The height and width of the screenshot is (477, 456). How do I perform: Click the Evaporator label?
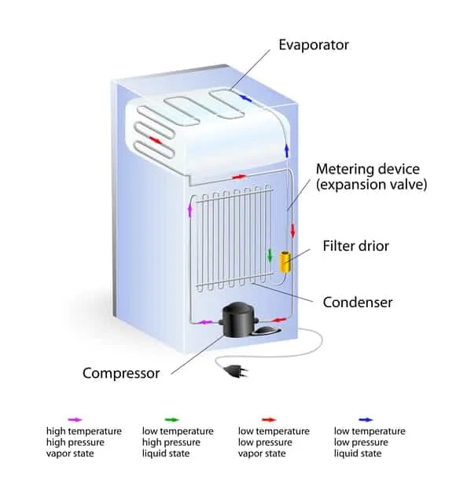(314, 45)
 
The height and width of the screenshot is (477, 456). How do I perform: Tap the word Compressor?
(121, 373)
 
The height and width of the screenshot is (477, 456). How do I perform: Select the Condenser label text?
(358, 303)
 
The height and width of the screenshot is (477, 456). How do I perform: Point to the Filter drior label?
(356, 246)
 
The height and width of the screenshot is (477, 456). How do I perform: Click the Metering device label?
(371, 177)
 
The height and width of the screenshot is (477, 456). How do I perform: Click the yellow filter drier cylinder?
(285, 262)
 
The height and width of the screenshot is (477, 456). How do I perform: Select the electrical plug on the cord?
(237, 371)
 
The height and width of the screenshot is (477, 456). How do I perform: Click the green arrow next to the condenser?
(270, 255)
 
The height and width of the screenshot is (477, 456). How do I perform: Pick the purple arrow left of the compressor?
(205, 322)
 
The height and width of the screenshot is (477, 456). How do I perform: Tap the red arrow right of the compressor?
(278, 320)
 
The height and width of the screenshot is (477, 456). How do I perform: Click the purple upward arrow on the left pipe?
(190, 210)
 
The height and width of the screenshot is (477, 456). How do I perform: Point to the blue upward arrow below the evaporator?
(286, 151)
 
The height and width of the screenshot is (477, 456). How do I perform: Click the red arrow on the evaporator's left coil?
(156, 140)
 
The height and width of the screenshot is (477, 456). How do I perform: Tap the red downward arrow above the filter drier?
(292, 230)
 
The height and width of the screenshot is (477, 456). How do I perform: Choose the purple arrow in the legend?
(75, 420)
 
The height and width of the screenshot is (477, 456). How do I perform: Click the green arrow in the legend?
(172, 420)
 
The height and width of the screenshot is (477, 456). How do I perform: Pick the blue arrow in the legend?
(366, 420)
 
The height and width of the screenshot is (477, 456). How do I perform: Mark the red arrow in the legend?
(269, 420)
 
